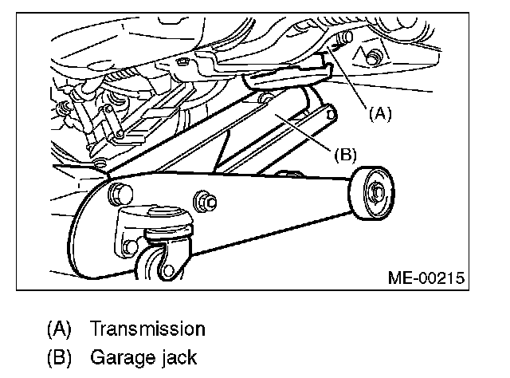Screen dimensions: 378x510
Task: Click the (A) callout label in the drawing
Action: pos(380,114)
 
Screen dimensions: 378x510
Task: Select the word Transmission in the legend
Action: pos(147,329)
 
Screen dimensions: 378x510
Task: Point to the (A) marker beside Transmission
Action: pos(60,329)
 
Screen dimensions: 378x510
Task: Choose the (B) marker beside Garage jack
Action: pos(60,357)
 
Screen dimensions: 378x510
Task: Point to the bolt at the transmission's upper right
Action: pos(371,57)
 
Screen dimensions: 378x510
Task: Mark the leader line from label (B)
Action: pos(307,132)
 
